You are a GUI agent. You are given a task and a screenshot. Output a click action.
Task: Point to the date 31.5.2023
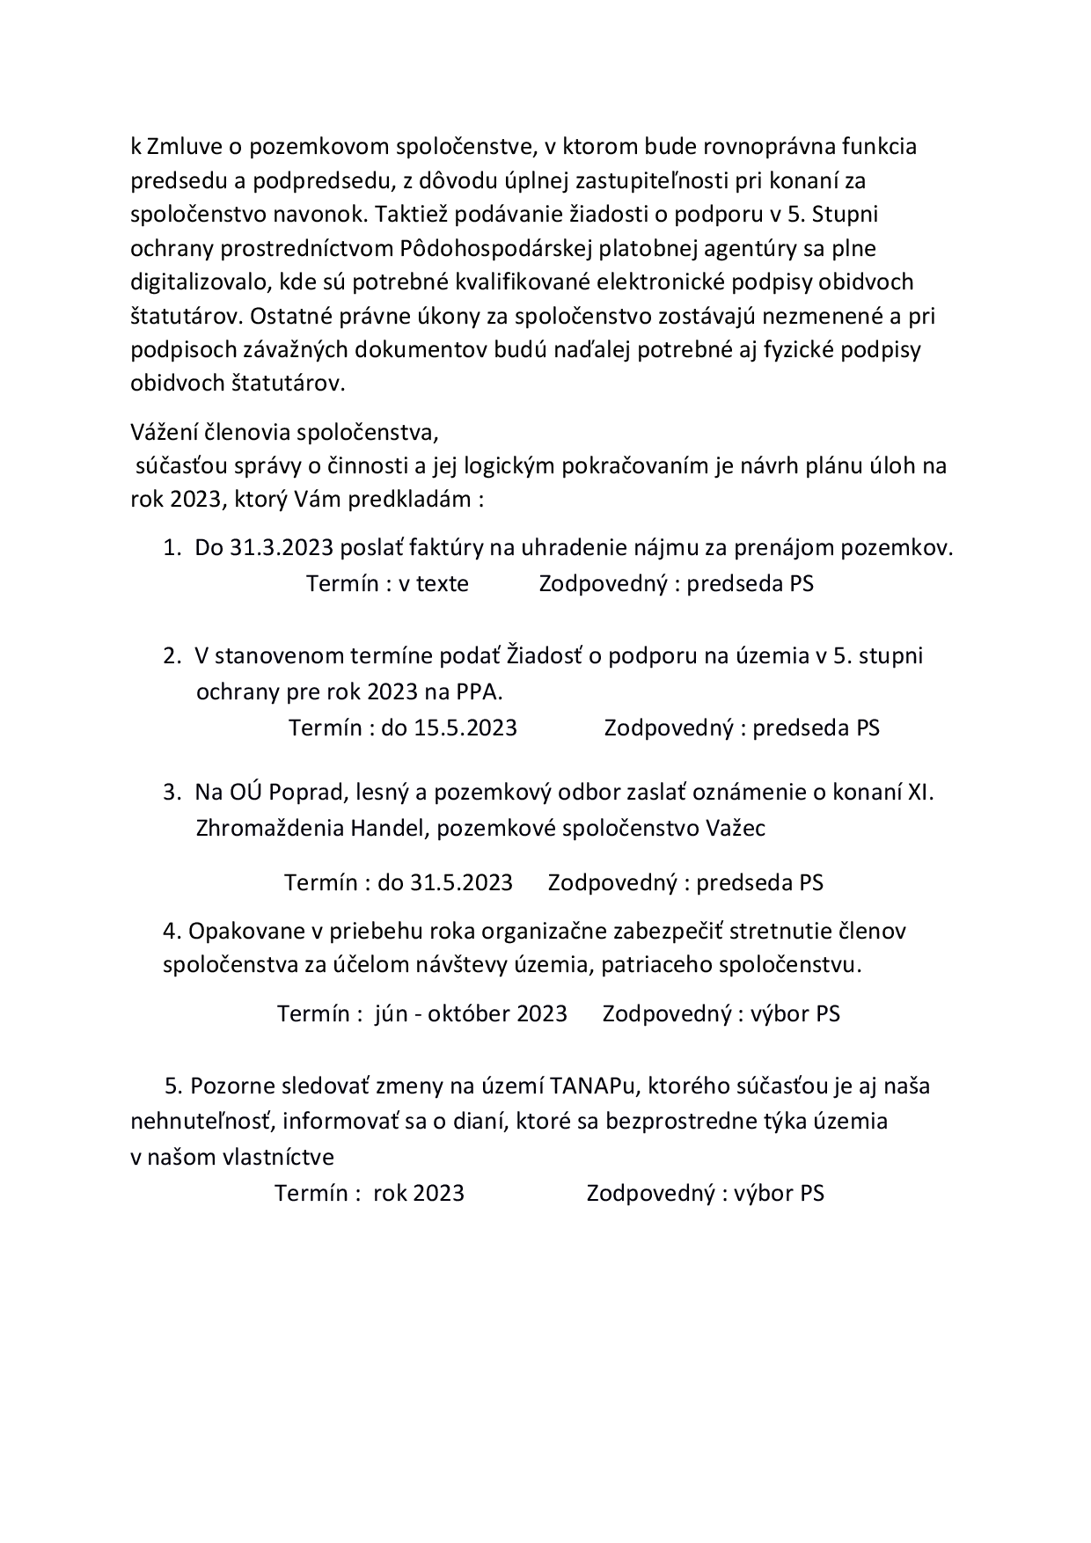tap(461, 882)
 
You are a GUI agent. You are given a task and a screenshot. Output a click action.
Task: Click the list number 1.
tap(170, 548)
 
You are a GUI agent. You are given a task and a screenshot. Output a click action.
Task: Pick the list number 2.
tap(170, 655)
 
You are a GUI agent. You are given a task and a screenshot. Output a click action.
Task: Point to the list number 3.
tap(170, 792)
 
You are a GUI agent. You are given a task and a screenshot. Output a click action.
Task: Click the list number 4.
tap(171, 931)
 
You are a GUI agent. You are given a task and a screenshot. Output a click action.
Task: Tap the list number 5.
tap(172, 1086)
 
